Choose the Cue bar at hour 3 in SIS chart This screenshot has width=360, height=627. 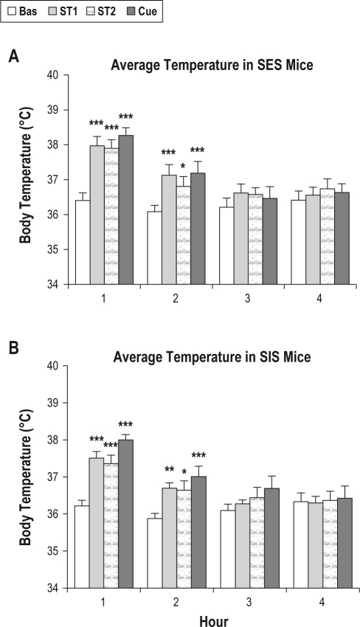click(x=272, y=538)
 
